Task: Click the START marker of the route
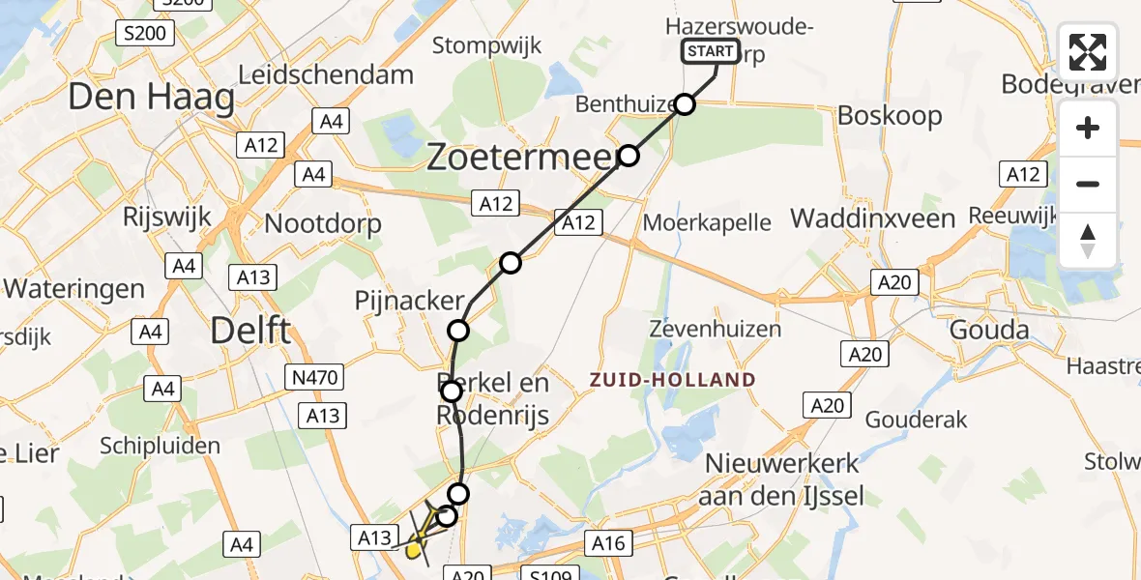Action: pyautogui.click(x=711, y=52)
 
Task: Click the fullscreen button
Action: pyautogui.click(x=1088, y=52)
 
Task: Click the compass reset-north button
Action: pyautogui.click(x=1088, y=241)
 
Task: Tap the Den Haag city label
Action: pyautogui.click(x=152, y=98)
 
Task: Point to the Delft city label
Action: pyautogui.click(x=250, y=332)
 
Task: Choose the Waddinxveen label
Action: pyautogui.click(x=873, y=219)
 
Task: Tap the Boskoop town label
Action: pyautogui.click(x=890, y=116)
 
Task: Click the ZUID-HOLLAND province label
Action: pyautogui.click(x=673, y=380)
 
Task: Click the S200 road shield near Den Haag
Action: pyautogui.click(x=143, y=35)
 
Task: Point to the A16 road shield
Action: pyautogui.click(x=609, y=543)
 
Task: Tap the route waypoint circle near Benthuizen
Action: pyautogui.click(x=685, y=104)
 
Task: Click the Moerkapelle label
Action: pyautogui.click(x=707, y=223)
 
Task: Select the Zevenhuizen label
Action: pyautogui.click(x=716, y=329)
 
